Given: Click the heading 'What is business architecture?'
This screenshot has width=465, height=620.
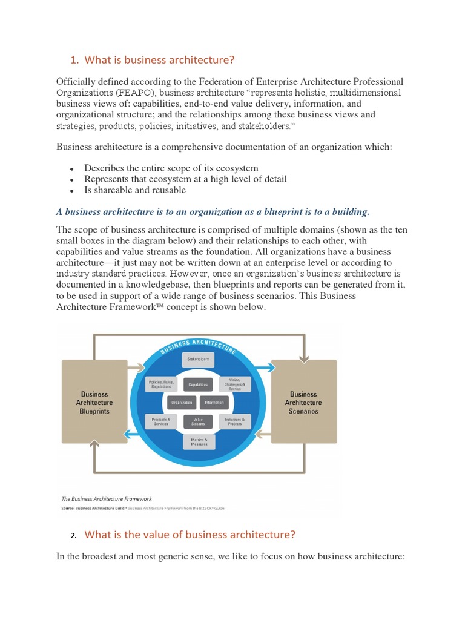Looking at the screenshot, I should (159, 59).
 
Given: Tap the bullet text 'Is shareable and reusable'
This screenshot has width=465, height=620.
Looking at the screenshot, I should (135, 190).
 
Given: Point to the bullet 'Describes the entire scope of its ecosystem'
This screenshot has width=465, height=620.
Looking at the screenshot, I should (171, 168).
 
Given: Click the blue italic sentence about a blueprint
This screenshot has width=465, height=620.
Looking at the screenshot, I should (213, 211).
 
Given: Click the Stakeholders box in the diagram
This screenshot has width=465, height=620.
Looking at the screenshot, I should (198, 359).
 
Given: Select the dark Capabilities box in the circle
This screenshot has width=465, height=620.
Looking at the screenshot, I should (198, 384).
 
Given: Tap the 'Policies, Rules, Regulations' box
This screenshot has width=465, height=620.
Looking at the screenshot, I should (161, 384).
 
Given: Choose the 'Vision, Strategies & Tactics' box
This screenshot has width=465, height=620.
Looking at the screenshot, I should (235, 384).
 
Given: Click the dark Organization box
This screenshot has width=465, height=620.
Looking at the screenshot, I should (181, 403).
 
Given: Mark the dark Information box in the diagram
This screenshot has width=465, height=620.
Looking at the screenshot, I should (214, 403).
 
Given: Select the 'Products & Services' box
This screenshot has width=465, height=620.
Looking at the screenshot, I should (161, 421).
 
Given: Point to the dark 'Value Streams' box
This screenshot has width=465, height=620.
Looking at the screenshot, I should (198, 421).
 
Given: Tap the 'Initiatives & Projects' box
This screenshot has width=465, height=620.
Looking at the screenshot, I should (235, 421).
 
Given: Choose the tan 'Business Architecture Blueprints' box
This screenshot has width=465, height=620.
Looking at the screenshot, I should (94, 402).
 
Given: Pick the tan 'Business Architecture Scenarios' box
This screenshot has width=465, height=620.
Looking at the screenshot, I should (303, 402).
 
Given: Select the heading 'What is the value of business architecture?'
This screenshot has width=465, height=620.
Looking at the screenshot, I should (190, 535).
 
